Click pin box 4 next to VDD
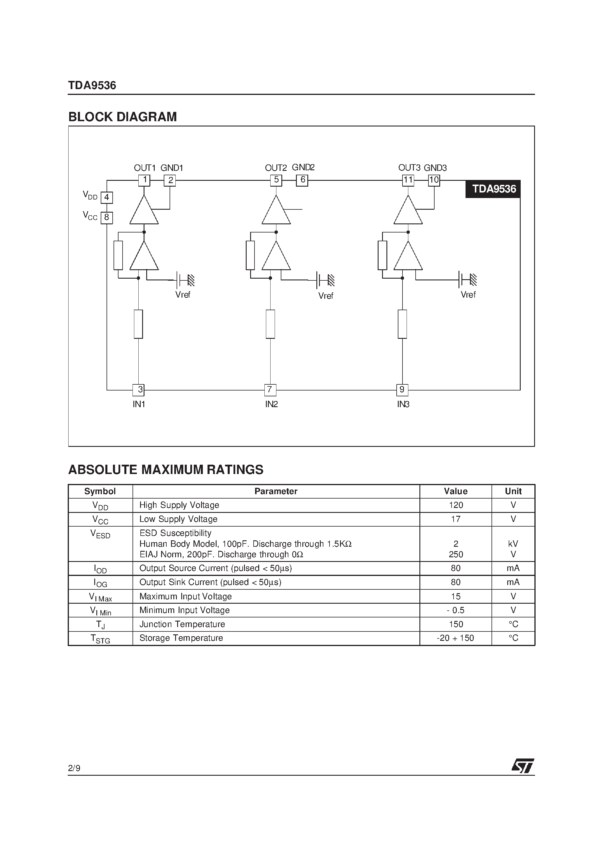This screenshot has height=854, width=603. click(107, 197)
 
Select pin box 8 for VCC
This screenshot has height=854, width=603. click(107, 218)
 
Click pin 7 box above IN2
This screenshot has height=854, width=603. click(270, 390)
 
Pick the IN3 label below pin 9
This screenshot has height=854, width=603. click(403, 404)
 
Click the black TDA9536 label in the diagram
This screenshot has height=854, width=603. click(493, 189)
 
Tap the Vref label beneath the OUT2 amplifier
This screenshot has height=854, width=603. click(326, 296)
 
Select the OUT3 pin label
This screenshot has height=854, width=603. click(409, 168)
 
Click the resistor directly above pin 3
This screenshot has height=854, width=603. click(138, 324)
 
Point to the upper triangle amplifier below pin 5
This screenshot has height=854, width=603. click(276, 211)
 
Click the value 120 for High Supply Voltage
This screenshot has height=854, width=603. click(456, 505)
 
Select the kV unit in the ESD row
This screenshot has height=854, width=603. click(513, 544)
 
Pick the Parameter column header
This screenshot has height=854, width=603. click(276, 491)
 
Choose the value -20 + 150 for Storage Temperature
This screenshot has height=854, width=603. click(456, 638)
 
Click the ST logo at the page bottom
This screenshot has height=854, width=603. click(523, 766)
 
